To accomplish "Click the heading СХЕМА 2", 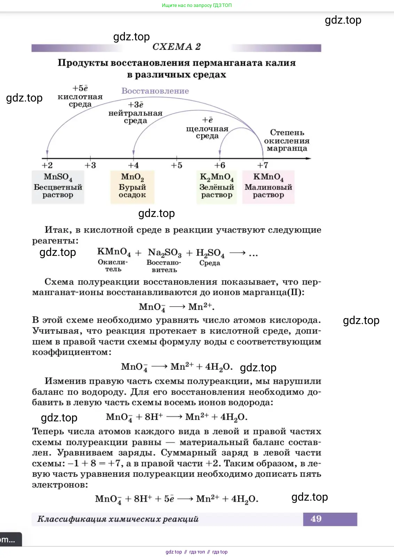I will click(176, 47).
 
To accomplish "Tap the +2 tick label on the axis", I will click(47, 165).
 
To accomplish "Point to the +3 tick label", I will click(90, 165).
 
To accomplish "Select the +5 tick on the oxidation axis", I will click(176, 165).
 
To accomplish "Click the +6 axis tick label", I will click(220, 165).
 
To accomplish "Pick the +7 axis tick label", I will click(262, 165).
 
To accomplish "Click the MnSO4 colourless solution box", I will click(58, 187).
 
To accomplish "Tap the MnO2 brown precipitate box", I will click(132, 187).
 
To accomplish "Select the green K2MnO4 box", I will click(216, 187).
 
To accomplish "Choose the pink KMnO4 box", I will click(268, 187).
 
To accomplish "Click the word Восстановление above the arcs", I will click(155, 91).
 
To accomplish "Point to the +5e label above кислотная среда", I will click(80, 88).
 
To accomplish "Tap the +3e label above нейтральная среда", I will click(135, 105).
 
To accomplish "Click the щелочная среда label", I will click(207, 132).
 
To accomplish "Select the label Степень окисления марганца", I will click(287, 140).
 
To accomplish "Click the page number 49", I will click(316, 519).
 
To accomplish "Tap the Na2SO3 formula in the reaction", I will click(164, 253).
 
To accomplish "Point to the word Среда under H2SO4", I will click(210, 263).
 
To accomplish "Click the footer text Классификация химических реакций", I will click(118, 519).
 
